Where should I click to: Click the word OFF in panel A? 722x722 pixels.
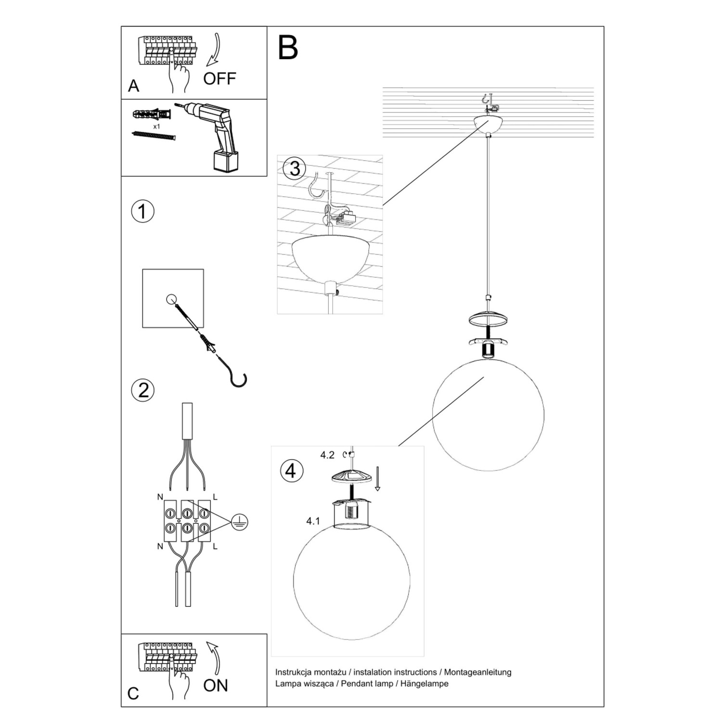[219, 78]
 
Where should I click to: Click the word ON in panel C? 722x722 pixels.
[215, 685]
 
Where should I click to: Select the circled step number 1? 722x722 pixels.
[143, 212]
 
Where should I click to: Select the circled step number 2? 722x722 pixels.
[143, 390]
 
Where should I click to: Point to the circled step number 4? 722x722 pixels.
[291, 470]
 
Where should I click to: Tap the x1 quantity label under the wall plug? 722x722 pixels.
[156, 127]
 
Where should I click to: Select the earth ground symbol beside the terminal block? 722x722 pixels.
[239, 522]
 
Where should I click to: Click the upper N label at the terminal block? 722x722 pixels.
[160, 497]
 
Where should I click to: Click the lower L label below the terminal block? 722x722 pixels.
[215, 547]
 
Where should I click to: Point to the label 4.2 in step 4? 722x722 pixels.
[327, 455]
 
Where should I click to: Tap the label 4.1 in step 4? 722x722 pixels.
[313, 521]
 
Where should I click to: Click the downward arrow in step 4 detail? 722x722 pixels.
[377, 478]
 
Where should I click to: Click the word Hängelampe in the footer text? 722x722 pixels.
[427, 683]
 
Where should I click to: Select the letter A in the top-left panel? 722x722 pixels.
[133, 86]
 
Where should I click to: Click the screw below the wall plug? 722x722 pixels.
[154, 136]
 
